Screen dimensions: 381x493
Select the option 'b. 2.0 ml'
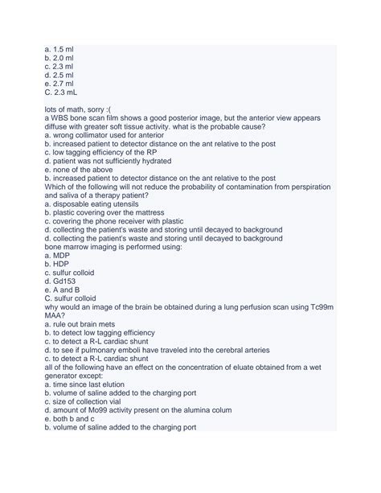[x=60, y=59]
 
